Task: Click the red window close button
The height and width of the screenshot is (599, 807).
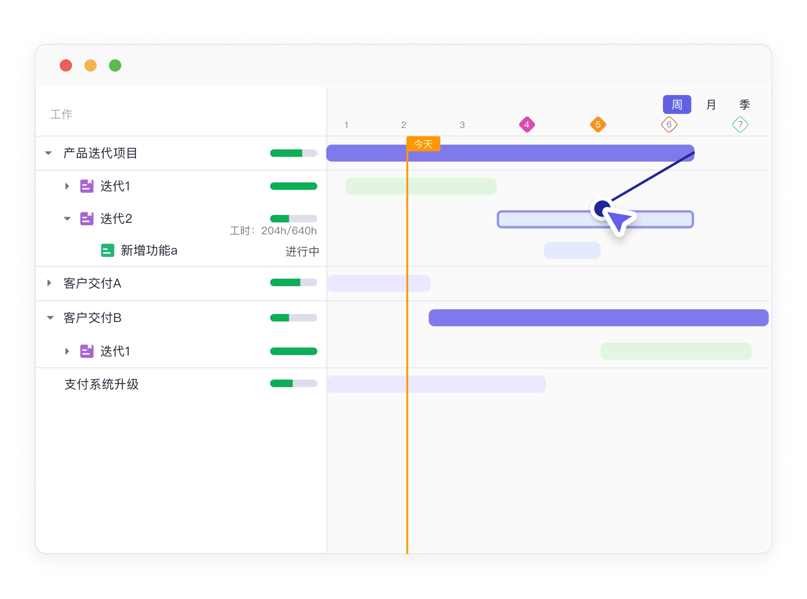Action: (x=66, y=66)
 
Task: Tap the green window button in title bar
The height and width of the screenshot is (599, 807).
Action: (x=115, y=66)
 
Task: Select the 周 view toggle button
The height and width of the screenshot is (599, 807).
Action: (x=676, y=104)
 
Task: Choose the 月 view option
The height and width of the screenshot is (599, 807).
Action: (x=711, y=104)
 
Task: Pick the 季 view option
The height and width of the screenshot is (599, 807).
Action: (x=744, y=104)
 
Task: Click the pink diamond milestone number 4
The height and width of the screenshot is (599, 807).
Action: (x=526, y=124)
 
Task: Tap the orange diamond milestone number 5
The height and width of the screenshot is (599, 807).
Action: (x=597, y=124)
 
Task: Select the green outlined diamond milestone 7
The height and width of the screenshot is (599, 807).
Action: (x=740, y=124)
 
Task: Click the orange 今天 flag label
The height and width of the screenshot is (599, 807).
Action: (x=423, y=144)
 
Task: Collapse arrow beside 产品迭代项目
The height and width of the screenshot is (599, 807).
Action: (x=48, y=153)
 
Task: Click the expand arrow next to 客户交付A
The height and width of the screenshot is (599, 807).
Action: (x=49, y=283)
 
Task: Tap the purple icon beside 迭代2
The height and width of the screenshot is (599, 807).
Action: (x=86, y=219)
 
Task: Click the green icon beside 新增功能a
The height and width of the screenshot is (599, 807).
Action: (x=107, y=250)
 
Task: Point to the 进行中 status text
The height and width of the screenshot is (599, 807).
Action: (x=302, y=251)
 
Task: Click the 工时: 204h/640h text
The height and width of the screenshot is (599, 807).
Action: (x=273, y=230)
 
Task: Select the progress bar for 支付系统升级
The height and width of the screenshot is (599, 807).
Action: (x=293, y=384)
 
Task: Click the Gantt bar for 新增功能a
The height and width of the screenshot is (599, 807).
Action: (x=572, y=250)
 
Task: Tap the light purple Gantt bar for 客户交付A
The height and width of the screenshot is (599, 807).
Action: (x=378, y=283)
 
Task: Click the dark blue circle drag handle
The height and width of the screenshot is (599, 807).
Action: (x=602, y=208)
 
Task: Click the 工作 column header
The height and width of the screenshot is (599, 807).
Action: (x=61, y=114)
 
